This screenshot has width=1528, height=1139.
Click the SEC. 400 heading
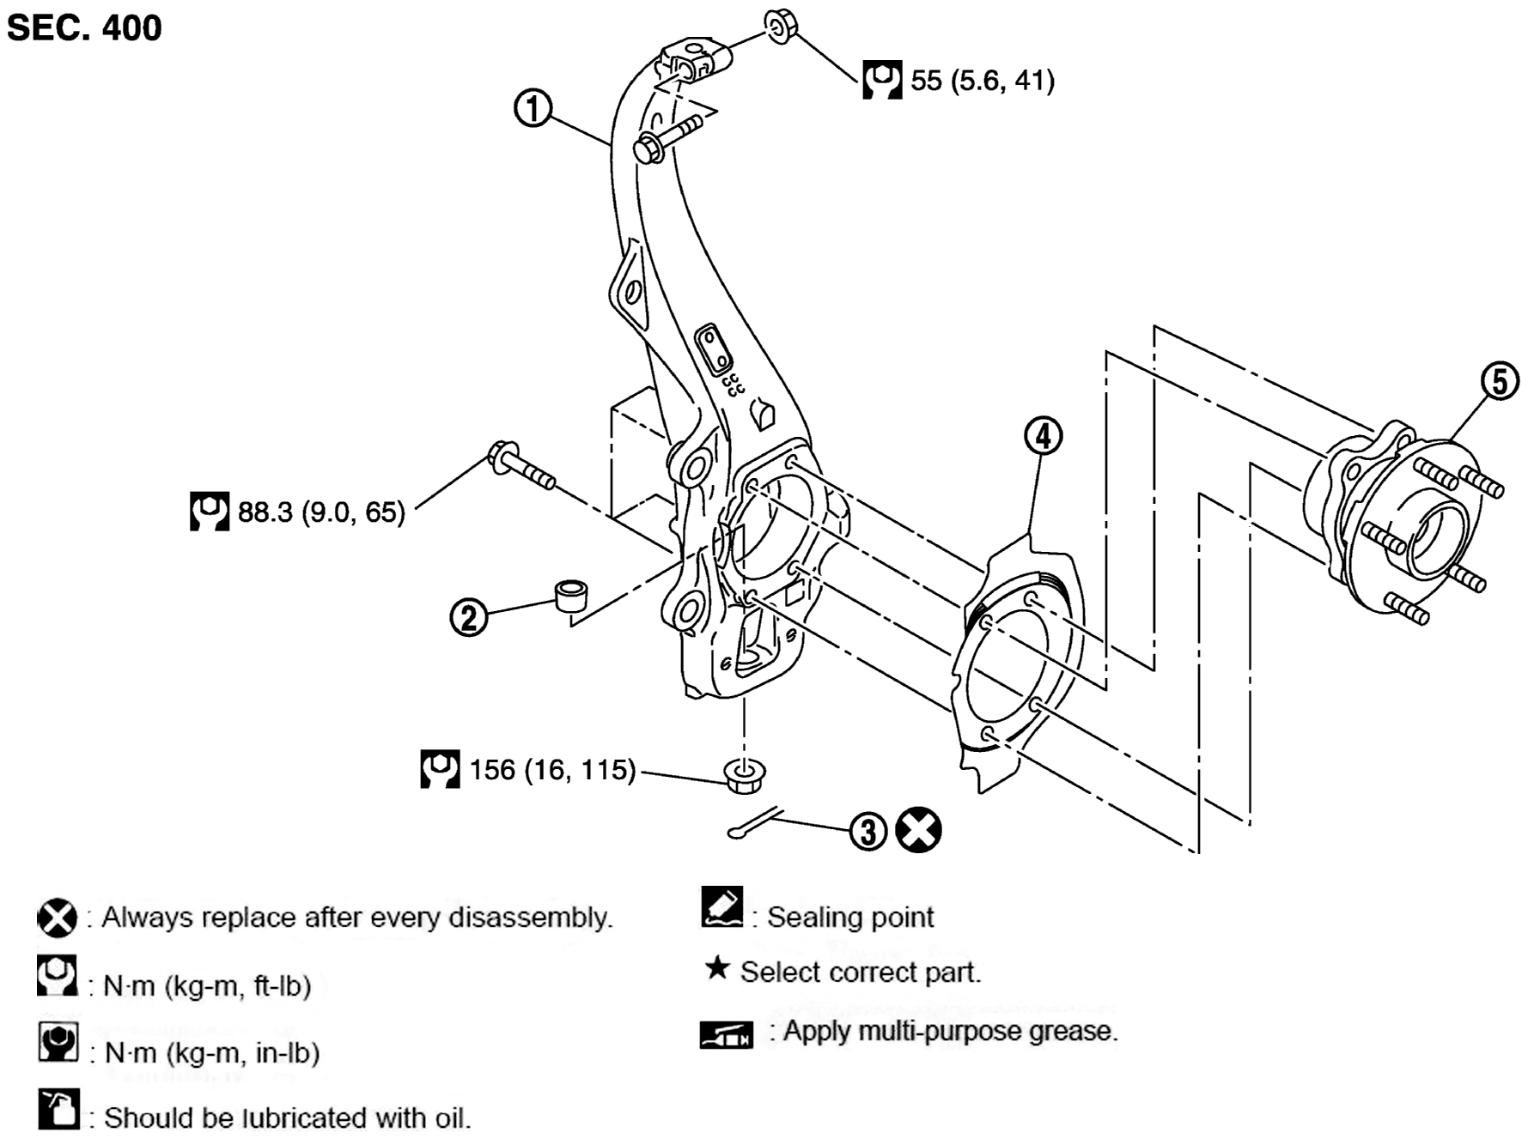(84, 27)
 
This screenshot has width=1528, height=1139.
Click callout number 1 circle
(533, 109)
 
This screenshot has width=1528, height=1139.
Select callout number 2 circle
(469, 617)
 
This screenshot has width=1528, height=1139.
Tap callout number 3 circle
(868, 831)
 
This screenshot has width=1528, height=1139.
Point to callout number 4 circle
(1043, 436)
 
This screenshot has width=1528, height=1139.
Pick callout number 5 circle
(1500, 381)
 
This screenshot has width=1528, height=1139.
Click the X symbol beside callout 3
(918, 830)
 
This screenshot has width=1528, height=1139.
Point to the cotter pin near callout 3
(754, 822)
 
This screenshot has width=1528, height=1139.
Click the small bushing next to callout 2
(571, 595)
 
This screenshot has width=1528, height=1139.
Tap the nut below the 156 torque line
(745, 775)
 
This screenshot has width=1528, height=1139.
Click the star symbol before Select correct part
(717, 968)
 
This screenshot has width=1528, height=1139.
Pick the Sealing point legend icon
(722, 908)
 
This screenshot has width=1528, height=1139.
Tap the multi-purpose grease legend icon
(726, 1034)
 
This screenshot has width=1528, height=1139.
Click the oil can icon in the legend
(58, 1108)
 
